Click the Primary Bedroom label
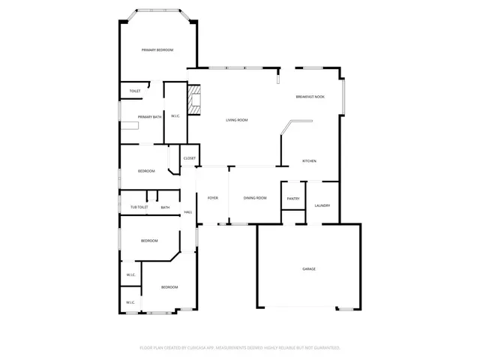157,50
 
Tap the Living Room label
237,120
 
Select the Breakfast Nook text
310,97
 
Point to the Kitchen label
309,161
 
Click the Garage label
308,268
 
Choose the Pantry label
293,198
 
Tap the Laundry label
322,205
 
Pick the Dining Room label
255,198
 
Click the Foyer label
213,198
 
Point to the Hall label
188,213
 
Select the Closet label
190,158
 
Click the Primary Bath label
149,117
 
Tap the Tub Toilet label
139,207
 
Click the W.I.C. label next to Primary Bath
175,116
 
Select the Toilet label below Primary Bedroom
135,91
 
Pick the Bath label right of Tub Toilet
165,207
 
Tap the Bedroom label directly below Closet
146,171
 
